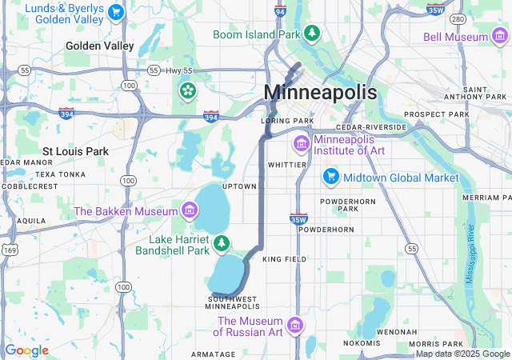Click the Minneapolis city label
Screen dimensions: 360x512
pyautogui.click(x=320, y=92)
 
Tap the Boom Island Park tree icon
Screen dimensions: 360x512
pyautogui.click(x=313, y=34)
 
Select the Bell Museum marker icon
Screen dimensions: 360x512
pyautogui.click(x=499, y=37)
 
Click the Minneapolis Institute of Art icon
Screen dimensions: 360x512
pyautogui.click(x=302, y=144)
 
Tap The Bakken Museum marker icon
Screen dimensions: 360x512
pyautogui.click(x=190, y=211)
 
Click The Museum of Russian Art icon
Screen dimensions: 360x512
pyautogui.click(x=295, y=326)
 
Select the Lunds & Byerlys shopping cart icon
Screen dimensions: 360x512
pyautogui.click(x=117, y=12)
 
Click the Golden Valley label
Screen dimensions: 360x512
pyautogui.click(x=100, y=46)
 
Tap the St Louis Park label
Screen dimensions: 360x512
pyautogui.click(x=75, y=150)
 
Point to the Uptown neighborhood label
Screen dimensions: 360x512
pyautogui.click(x=239, y=186)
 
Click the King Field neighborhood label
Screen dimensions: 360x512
pyautogui.click(x=284, y=260)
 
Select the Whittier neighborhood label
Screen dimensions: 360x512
pyautogui.click(x=287, y=165)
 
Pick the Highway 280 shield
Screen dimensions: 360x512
pyautogui.click(x=458, y=19)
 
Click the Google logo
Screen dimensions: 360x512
pyautogui.click(x=26, y=350)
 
